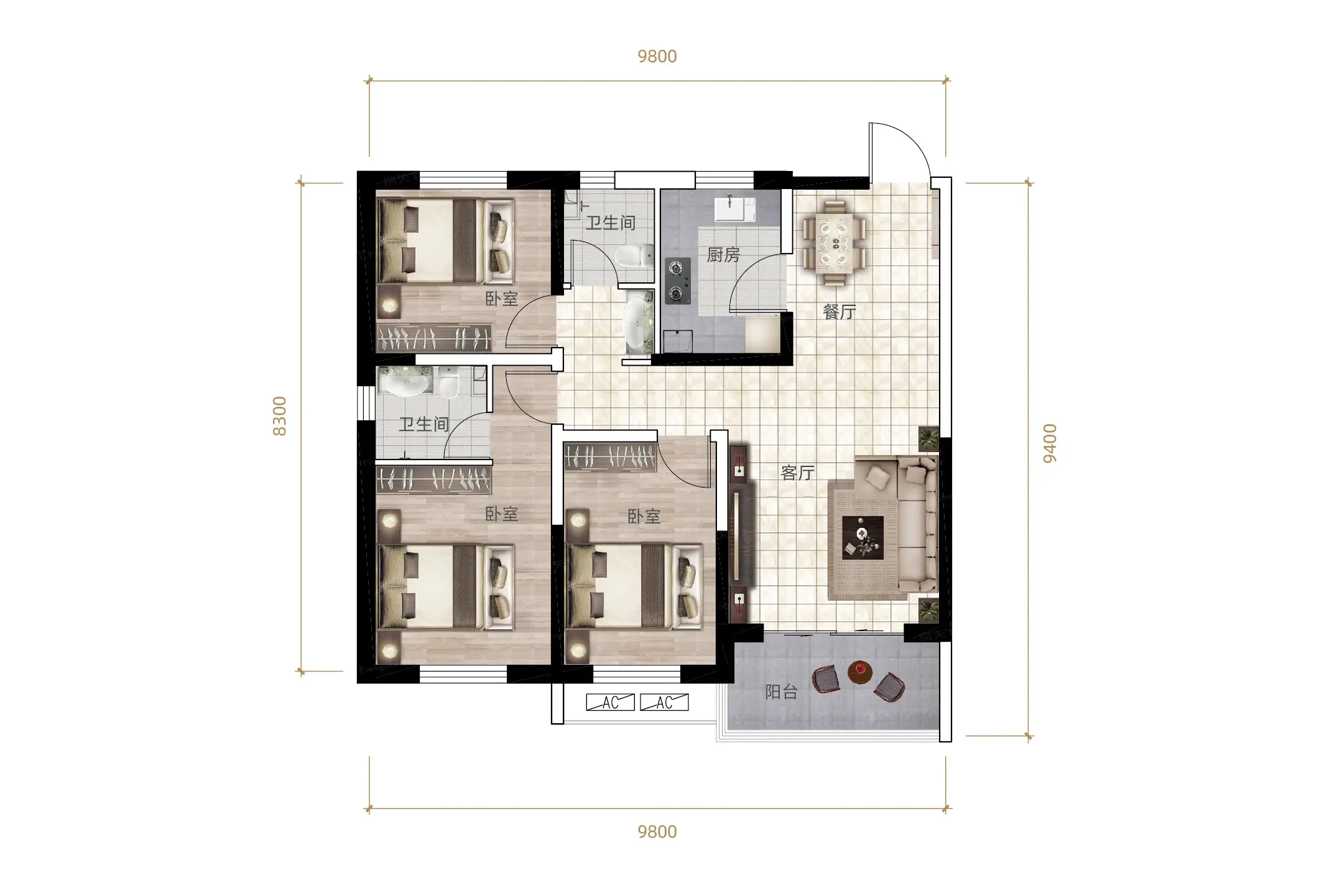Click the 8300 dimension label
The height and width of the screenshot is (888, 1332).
[280, 416]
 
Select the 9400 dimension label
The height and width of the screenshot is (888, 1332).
[1050, 443]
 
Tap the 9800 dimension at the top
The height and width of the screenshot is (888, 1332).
[657, 57]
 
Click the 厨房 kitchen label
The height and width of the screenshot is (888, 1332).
[723, 255]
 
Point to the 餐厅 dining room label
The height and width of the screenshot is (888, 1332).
[839, 312]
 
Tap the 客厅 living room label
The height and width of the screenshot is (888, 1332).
[798, 473]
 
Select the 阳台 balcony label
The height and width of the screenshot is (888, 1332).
[782, 692]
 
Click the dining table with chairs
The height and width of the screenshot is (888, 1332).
[833, 242]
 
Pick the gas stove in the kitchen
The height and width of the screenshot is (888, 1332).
[678, 281]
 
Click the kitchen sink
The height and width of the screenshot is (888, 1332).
[735, 209]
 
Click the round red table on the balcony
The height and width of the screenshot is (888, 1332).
[860, 672]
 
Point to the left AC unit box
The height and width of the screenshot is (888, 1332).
[611, 702]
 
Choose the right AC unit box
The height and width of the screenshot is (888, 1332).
[664, 702]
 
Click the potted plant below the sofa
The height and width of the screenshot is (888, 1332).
[928, 610]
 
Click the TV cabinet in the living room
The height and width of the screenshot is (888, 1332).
[739, 533]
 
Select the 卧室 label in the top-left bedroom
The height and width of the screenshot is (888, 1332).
[502, 299]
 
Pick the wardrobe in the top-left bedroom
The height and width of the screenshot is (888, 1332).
[434, 338]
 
